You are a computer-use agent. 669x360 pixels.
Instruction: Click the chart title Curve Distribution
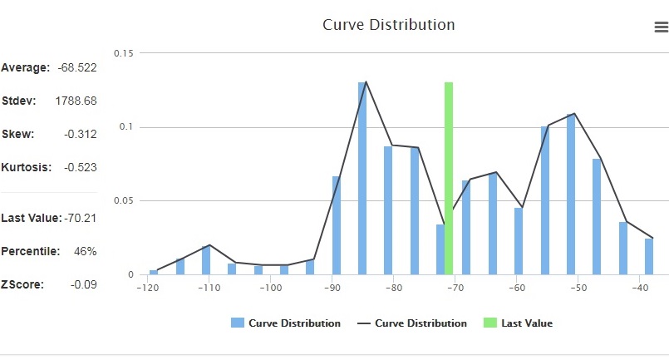tap(388, 25)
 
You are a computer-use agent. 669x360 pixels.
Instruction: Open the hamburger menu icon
tap(661, 27)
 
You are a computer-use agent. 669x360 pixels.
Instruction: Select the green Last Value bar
tap(449, 178)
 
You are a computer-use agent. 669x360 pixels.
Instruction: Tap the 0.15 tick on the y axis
tap(125, 53)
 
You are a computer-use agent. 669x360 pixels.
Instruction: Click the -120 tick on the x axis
tap(147, 288)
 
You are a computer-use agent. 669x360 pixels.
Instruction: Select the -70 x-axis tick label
tap(455, 288)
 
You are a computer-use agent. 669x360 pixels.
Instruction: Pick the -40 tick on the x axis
tap(640, 288)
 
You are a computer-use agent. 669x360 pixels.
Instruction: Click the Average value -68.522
tap(77, 67)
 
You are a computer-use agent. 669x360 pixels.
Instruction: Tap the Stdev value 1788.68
tap(76, 101)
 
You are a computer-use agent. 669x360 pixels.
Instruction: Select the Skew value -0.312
tap(81, 134)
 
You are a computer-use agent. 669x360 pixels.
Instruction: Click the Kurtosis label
tap(27, 167)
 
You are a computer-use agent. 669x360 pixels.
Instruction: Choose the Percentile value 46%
tap(86, 251)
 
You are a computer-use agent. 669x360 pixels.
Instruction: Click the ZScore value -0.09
tap(84, 284)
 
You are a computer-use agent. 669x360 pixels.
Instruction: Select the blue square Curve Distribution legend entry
tap(286, 323)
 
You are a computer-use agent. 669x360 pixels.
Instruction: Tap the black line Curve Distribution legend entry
tap(412, 323)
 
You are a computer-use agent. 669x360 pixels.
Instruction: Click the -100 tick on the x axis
tap(270, 288)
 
